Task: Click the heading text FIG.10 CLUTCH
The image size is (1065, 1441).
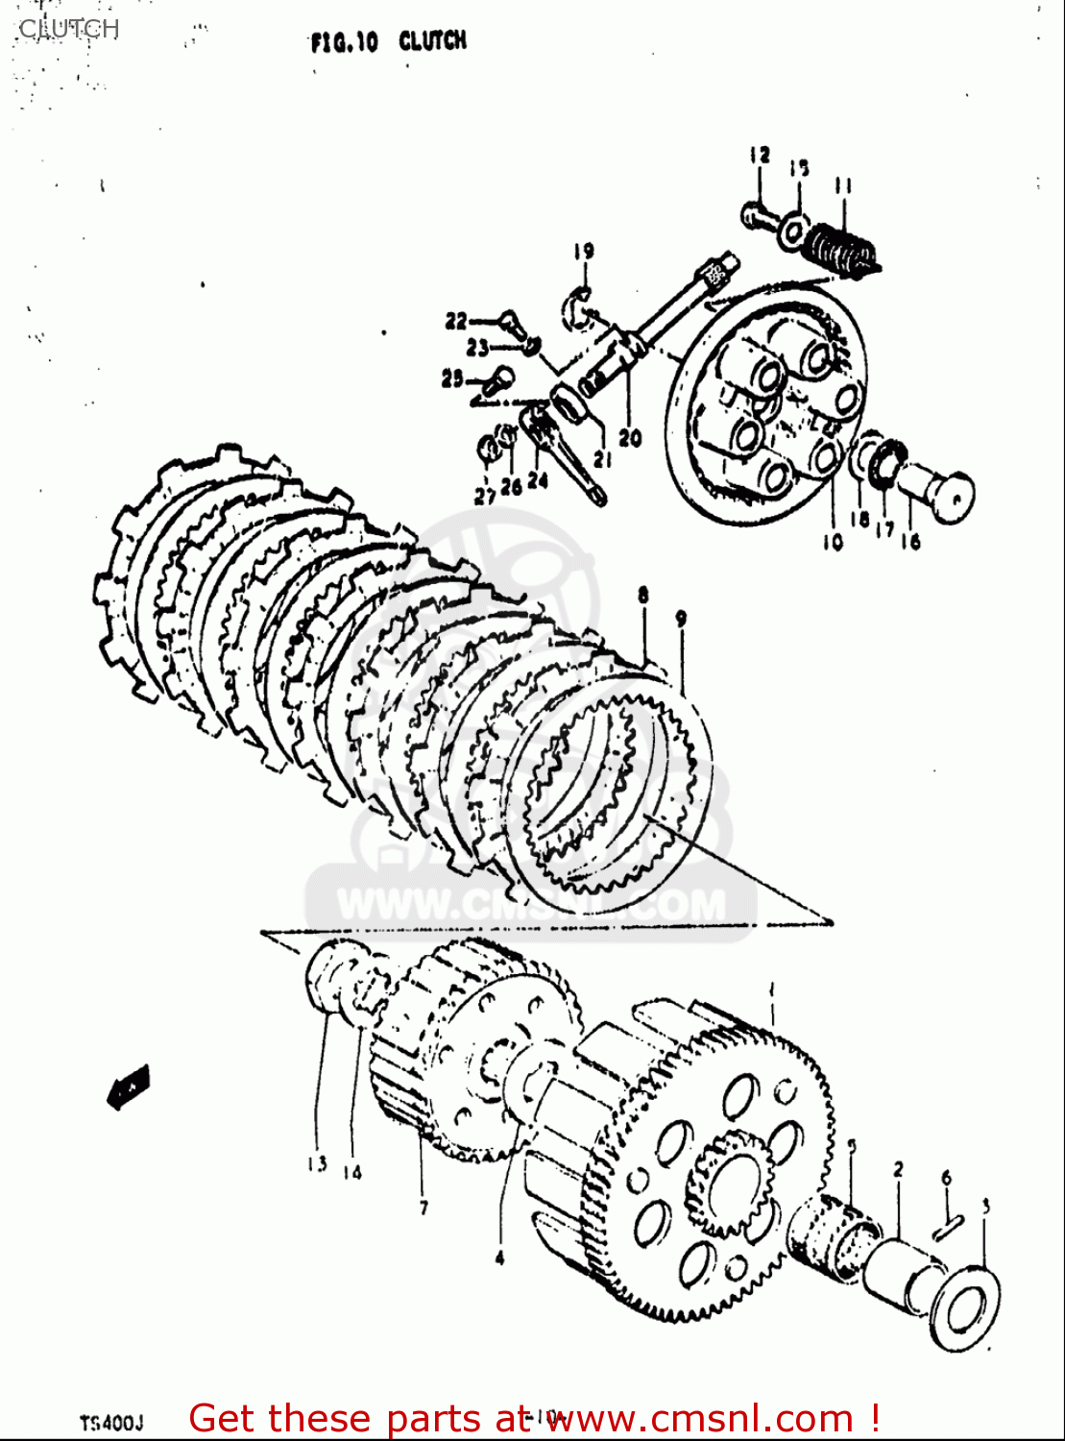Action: pos(389,41)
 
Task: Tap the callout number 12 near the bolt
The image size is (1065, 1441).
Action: pos(760,155)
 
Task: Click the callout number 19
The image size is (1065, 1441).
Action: pos(584,252)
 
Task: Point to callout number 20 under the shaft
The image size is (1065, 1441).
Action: pos(629,438)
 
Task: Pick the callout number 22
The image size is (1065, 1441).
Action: pos(455,321)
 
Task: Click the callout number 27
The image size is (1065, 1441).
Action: pos(485,495)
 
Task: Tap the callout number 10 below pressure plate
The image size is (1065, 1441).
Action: pos(833,541)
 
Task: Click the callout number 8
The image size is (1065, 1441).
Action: pos(642,596)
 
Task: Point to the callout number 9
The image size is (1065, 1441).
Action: pos(681,620)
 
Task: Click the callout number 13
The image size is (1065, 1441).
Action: pos(317,1163)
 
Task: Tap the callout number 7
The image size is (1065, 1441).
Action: pos(424,1208)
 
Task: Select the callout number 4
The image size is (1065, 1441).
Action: pos(499,1257)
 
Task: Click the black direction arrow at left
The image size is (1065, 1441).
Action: pos(128,1086)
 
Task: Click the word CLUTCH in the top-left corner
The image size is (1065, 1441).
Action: pos(68,28)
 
